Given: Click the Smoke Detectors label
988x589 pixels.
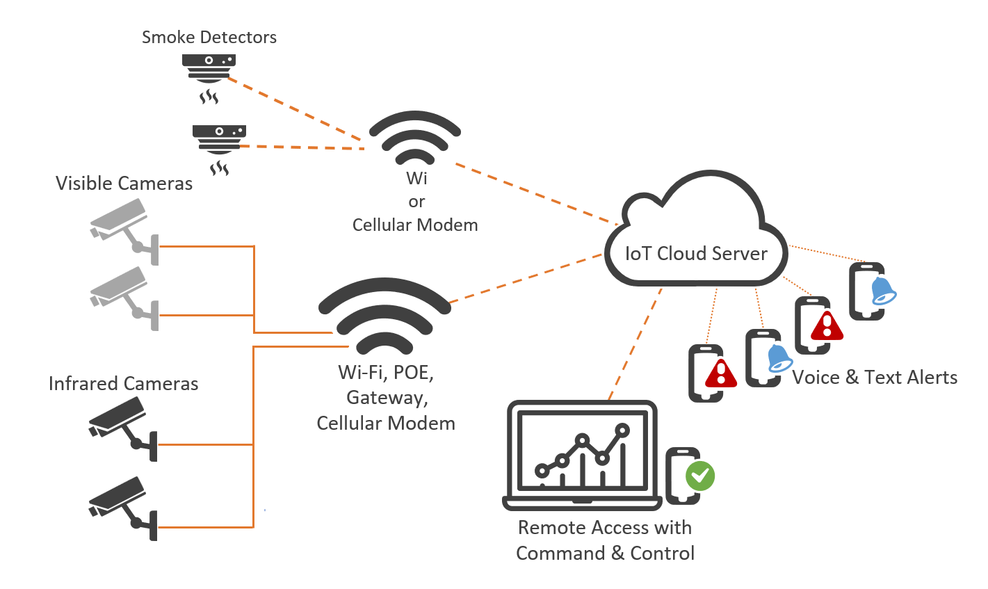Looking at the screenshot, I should [209, 38].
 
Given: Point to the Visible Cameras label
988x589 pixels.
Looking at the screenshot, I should [124, 184].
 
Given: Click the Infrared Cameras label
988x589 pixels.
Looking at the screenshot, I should [123, 384].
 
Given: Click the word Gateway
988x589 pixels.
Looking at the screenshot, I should [387, 398].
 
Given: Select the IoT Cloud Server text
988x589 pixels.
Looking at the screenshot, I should [696, 254].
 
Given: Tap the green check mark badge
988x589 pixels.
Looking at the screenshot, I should [699, 476].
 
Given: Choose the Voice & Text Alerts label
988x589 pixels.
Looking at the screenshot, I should [875, 378].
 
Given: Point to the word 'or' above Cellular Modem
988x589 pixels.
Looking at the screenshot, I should [416, 202].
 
